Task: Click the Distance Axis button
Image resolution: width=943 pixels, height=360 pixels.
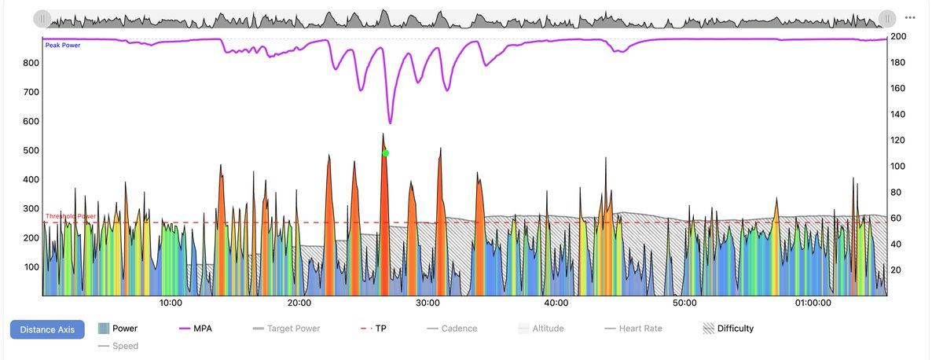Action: [x=47, y=329]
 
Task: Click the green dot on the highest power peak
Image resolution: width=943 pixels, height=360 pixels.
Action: [x=386, y=153]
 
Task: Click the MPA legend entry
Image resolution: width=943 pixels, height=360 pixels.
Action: [x=196, y=329]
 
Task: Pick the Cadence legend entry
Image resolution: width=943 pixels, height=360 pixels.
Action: [x=452, y=329]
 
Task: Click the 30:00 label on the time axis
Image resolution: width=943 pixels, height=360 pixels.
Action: [x=427, y=303]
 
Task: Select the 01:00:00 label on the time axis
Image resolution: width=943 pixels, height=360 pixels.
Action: [x=813, y=303]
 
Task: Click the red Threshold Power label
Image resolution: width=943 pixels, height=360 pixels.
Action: [x=71, y=216]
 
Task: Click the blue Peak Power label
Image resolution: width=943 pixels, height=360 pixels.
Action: [x=62, y=46]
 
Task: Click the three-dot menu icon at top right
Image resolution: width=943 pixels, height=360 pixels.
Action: [x=911, y=17]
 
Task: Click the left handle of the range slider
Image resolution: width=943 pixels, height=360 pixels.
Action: [x=42, y=18]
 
